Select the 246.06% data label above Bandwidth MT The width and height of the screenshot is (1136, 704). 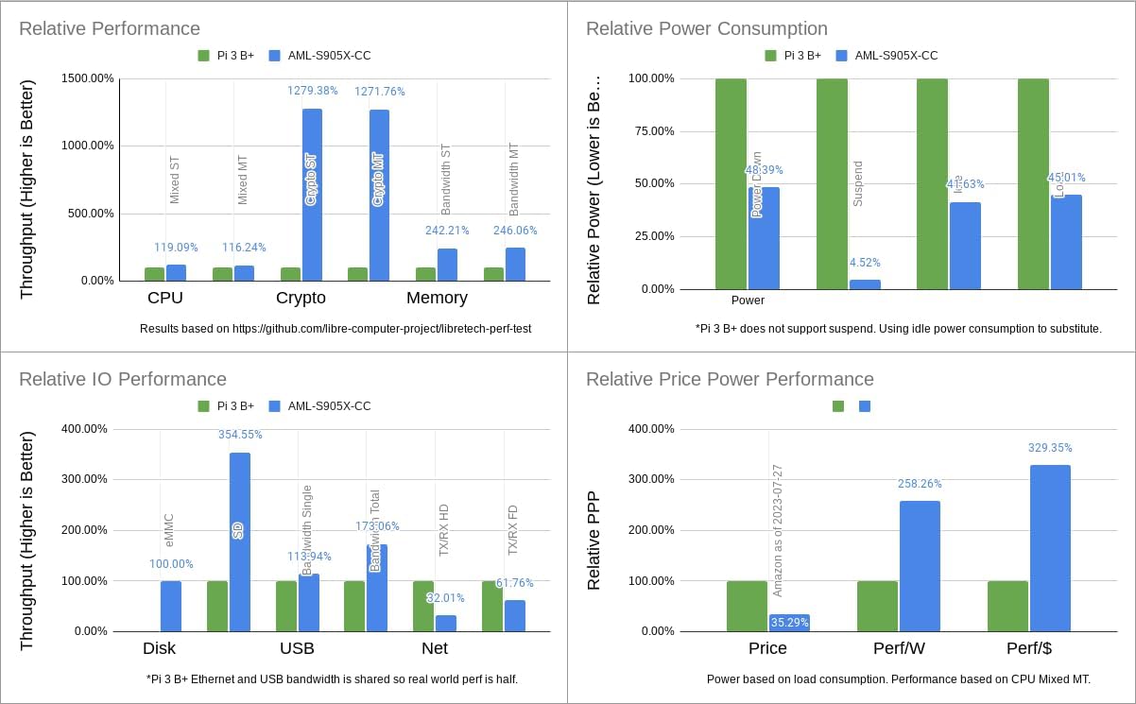515,230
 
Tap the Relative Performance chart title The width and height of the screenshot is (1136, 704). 110,28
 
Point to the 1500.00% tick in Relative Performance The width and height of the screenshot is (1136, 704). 88,78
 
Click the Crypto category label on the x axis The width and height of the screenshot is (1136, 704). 301,298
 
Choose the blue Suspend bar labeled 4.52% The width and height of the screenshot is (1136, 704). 865,283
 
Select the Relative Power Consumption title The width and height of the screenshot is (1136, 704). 706,28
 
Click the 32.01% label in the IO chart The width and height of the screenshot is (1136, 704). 446,598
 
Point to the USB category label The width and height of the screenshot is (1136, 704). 297,648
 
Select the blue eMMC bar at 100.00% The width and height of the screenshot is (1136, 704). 171,606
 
